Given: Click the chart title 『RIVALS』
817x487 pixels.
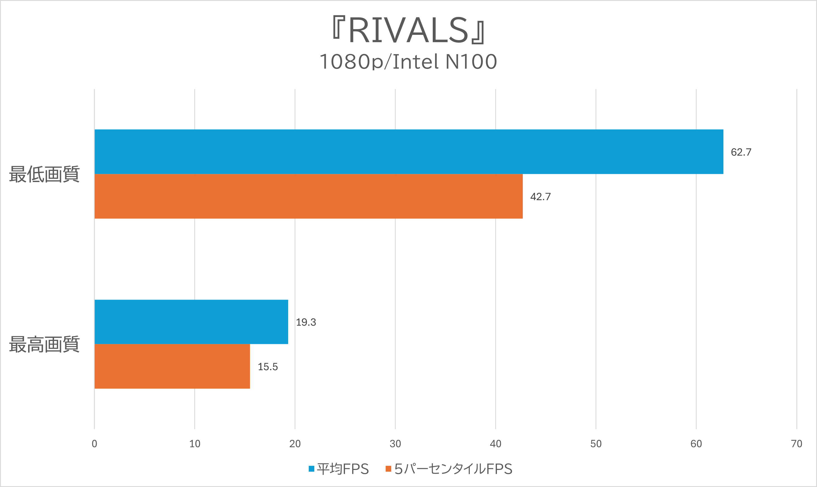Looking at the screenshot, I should tap(408, 30).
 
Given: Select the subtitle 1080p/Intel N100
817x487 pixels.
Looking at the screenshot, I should tap(408, 62).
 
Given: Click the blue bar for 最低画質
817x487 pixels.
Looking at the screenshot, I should tap(409, 152).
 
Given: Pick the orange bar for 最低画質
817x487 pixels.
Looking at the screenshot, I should tap(308, 196).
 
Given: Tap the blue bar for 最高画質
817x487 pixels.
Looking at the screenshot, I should tap(191, 322).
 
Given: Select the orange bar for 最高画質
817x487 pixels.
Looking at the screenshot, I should tap(172, 366).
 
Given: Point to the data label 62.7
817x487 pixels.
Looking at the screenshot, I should tap(741, 152).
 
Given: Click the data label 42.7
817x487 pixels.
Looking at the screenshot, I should tap(541, 197).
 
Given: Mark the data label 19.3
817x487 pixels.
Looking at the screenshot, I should tap(306, 322).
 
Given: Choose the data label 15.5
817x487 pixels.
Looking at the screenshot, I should tap(268, 367).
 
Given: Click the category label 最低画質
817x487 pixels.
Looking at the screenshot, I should tap(44, 174).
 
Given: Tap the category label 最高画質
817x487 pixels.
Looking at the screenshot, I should tap(44, 344).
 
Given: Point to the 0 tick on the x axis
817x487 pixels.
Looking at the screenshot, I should tap(94, 444).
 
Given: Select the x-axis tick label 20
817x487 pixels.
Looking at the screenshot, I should tap(295, 444).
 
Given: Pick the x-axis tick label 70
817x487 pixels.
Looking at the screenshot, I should tap(797, 444).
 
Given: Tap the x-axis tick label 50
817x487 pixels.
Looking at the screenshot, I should tap(596, 444).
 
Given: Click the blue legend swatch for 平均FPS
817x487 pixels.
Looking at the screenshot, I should tap(312, 469).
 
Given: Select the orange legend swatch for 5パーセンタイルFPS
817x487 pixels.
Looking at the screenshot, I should tap(388, 469).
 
